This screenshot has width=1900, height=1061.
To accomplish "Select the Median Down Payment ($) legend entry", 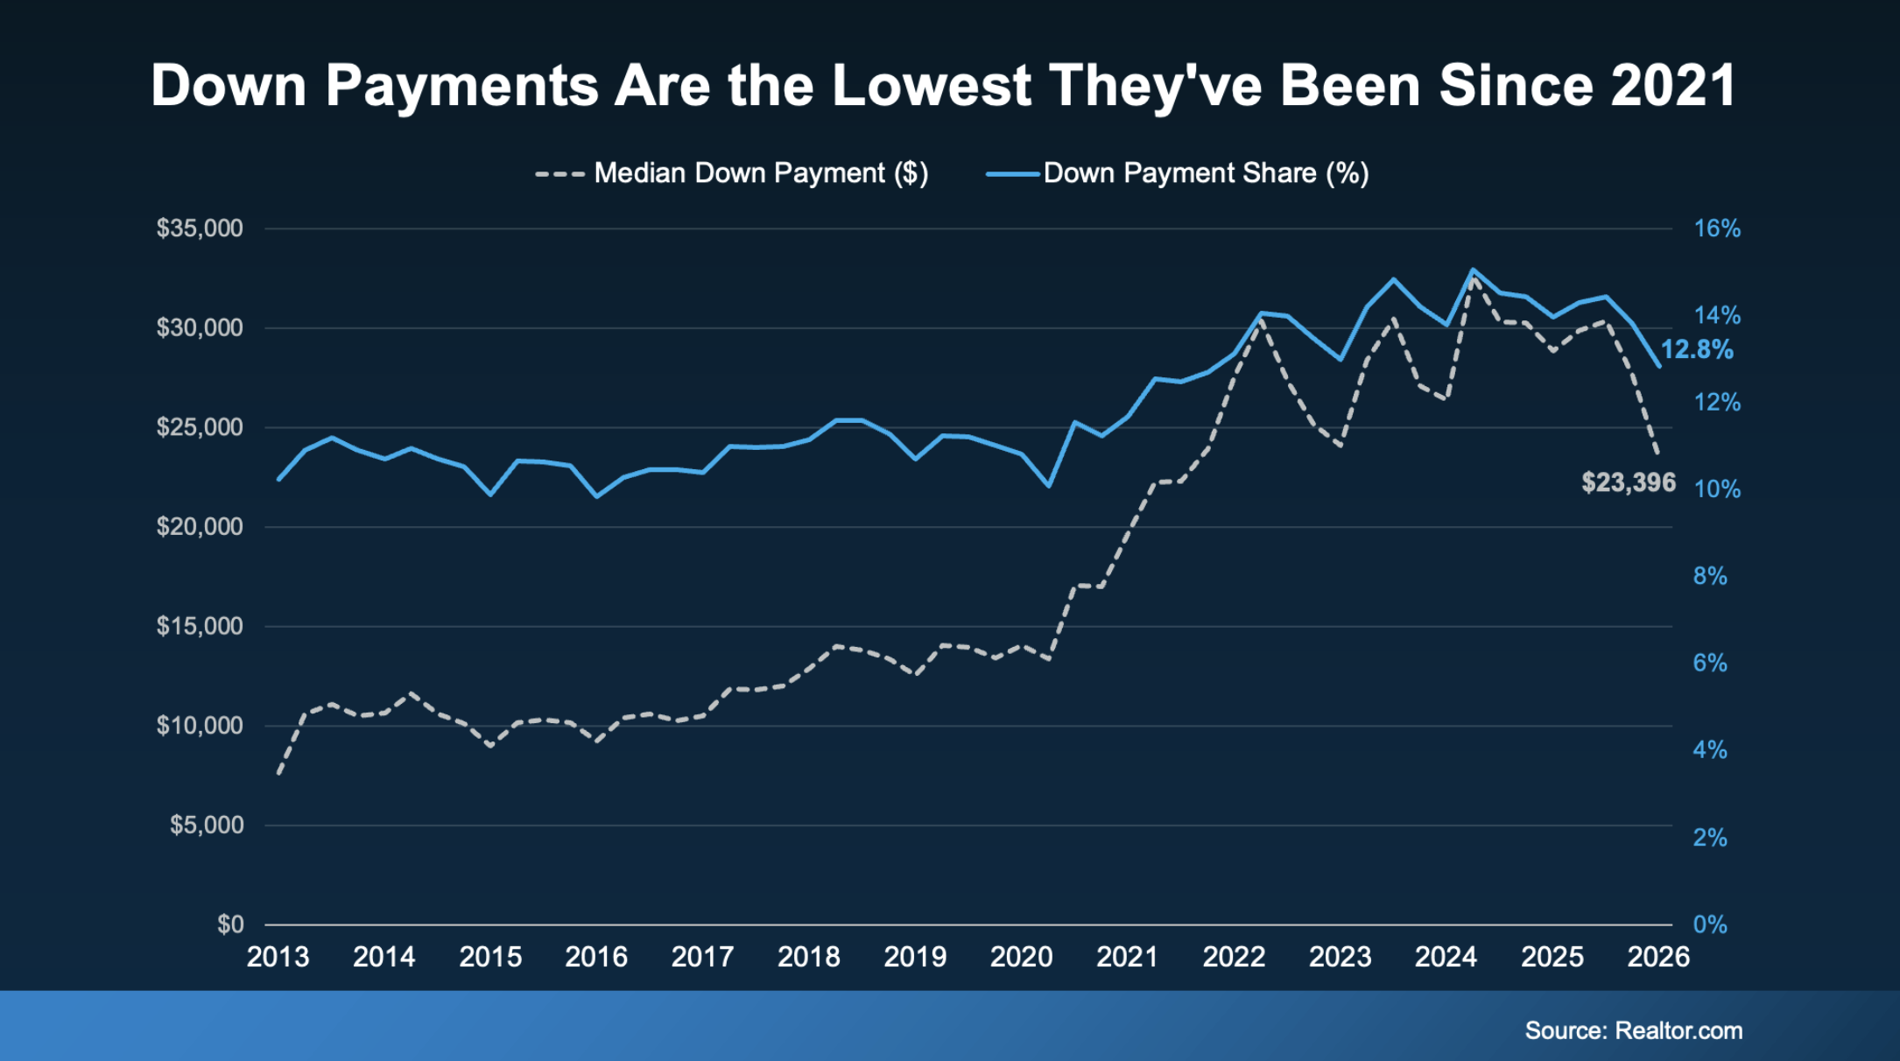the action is pyautogui.click(x=732, y=173).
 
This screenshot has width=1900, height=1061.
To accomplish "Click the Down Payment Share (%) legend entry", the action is pyautogui.click(x=1178, y=173).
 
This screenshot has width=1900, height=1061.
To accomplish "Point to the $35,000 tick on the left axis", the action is pyautogui.click(x=200, y=228).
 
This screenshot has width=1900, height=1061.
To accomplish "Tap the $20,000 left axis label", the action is pyautogui.click(x=200, y=527).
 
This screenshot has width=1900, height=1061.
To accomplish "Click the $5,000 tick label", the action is pyautogui.click(x=207, y=826).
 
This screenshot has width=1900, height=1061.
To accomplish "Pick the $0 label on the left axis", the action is pyautogui.click(x=230, y=924).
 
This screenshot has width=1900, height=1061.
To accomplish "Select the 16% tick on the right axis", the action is pyautogui.click(x=1717, y=228).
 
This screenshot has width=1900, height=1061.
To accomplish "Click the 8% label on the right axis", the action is pyautogui.click(x=1710, y=576).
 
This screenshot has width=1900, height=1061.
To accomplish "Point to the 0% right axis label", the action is pyautogui.click(x=1710, y=924).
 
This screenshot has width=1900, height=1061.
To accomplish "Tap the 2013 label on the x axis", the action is pyautogui.click(x=278, y=957).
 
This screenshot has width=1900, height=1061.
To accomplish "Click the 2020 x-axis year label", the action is pyautogui.click(x=1021, y=957).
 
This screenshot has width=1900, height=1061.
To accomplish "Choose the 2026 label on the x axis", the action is pyautogui.click(x=1658, y=957).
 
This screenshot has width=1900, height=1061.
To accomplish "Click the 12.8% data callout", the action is pyautogui.click(x=1697, y=350).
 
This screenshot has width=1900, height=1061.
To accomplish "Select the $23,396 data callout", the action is pyautogui.click(x=1629, y=482).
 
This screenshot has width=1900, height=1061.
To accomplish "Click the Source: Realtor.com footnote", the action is pyautogui.click(x=1634, y=1030).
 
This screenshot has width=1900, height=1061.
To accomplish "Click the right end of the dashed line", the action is pyautogui.click(x=1657, y=453).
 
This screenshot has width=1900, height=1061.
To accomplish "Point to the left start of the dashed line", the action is pyautogui.click(x=278, y=773).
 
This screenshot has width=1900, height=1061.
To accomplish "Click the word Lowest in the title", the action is pyautogui.click(x=932, y=86).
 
